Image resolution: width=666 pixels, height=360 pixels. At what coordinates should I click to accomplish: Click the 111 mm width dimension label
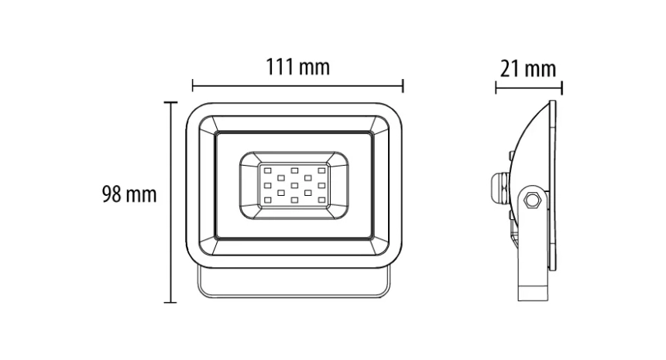(x=297, y=67)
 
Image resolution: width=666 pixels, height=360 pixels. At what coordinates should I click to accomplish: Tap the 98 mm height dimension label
(x=129, y=194)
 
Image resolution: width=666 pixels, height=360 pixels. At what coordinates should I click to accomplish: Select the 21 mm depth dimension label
(x=528, y=69)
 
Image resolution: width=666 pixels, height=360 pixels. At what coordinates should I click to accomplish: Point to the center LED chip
(x=294, y=185)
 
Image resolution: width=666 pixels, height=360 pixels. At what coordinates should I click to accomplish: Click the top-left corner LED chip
(x=268, y=170)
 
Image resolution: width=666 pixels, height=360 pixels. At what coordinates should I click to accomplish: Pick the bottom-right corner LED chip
(x=321, y=200)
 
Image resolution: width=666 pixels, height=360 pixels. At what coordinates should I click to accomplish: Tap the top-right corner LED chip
(x=321, y=170)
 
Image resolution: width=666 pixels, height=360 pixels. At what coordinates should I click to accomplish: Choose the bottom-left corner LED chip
(x=268, y=200)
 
